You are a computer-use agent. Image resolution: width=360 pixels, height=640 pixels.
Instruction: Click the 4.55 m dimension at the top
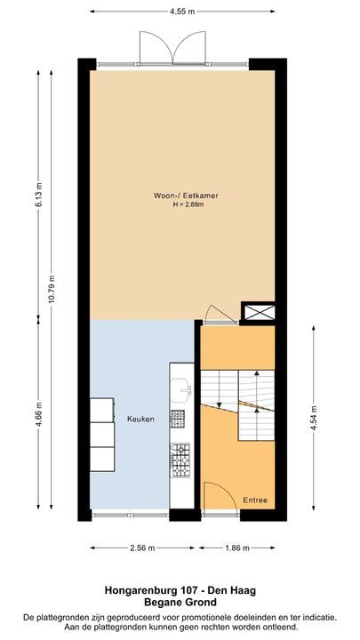[x=180, y=12]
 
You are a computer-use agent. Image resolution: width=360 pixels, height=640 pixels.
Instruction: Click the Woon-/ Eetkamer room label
[x=175, y=196]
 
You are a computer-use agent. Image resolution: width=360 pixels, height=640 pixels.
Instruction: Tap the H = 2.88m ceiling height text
[x=176, y=205]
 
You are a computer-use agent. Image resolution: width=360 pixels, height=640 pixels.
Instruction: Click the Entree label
[x=255, y=500]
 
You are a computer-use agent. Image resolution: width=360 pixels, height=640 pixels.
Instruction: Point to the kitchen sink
[x=182, y=388]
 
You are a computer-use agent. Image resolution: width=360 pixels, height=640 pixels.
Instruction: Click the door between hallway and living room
[x=215, y=313]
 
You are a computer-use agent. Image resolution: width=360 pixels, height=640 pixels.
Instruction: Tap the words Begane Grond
[x=180, y=603]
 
